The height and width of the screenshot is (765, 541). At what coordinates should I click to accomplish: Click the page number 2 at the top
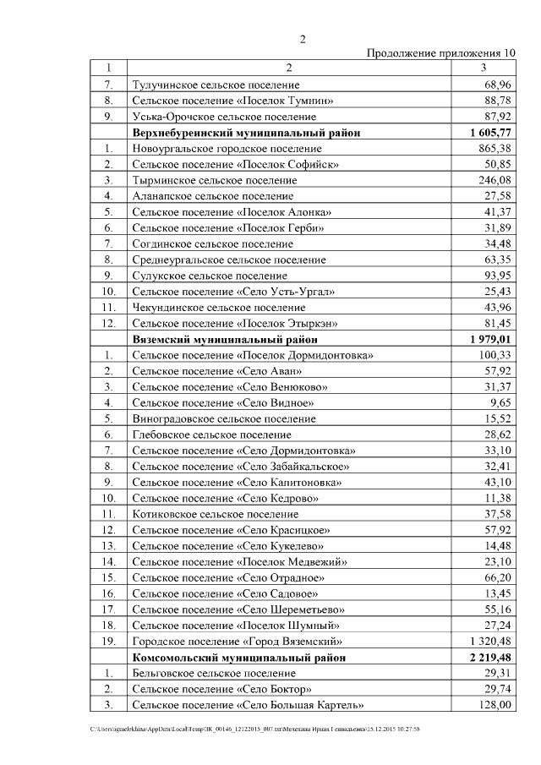point(303,39)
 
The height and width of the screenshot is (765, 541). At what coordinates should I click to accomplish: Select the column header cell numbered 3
point(483,68)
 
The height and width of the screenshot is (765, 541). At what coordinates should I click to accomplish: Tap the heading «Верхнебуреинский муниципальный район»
point(246,133)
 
